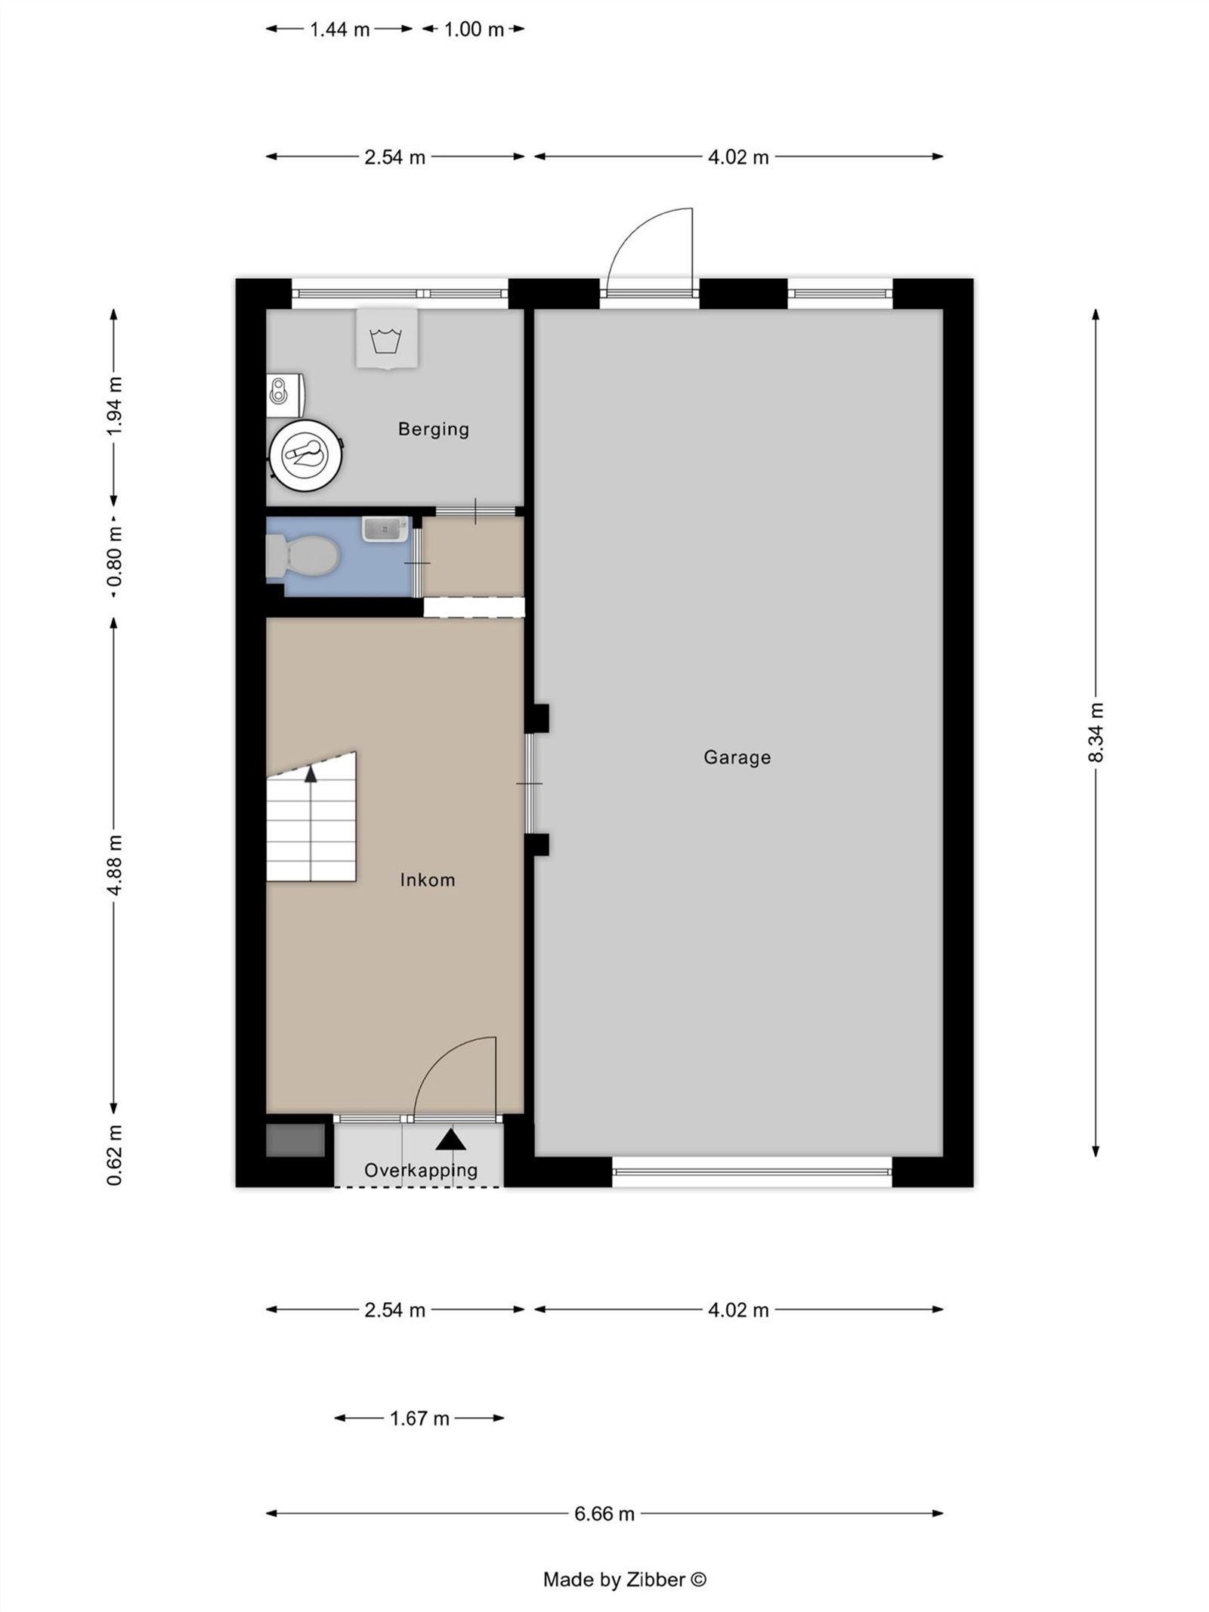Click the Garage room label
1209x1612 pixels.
click(x=737, y=757)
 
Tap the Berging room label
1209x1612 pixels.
click(x=434, y=429)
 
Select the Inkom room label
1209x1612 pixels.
click(x=428, y=880)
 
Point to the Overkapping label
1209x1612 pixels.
click(x=421, y=1171)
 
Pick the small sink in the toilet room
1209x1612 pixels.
click(x=385, y=529)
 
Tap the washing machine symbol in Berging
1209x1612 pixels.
click(x=387, y=338)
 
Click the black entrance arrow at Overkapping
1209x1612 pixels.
click(x=451, y=1139)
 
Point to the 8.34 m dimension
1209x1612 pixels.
click(x=1096, y=732)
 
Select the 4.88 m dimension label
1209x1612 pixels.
click(x=114, y=865)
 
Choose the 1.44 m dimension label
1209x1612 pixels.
click(x=340, y=29)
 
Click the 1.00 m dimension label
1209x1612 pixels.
click(x=474, y=29)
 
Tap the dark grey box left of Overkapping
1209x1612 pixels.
click(x=295, y=1140)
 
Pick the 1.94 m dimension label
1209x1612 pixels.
click(x=114, y=406)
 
